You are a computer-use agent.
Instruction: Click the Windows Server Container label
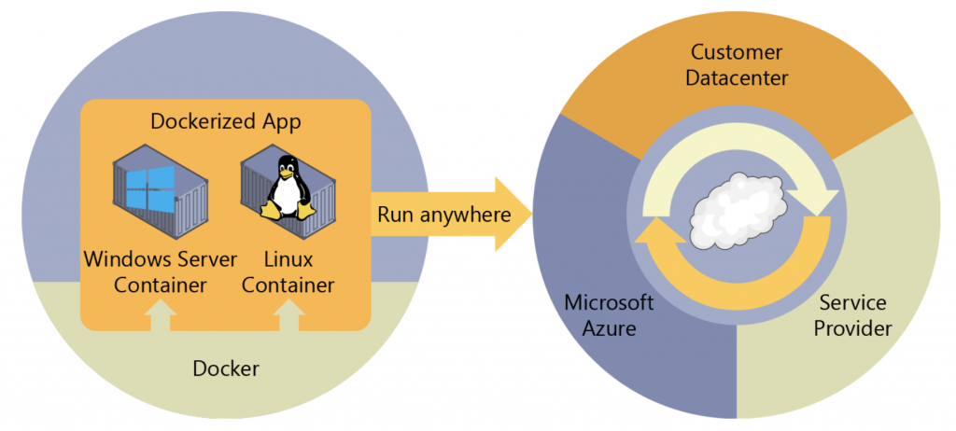click(162, 271)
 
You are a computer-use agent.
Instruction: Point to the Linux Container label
click(288, 271)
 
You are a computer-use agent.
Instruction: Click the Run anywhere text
click(443, 215)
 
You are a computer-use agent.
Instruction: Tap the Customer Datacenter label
click(737, 64)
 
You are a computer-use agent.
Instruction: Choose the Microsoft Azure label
click(609, 316)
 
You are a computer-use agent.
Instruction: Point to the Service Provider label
click(852, 316)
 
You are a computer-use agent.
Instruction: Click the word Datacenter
click(737, 77)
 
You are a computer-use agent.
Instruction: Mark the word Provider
click(852, 329)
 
